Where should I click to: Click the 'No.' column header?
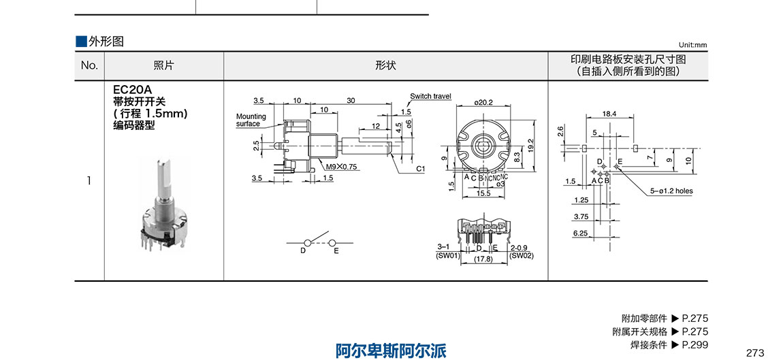(90, 65)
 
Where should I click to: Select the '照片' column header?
(163, 65)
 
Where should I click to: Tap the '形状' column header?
(385, 65)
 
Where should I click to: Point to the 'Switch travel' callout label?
(430, 97)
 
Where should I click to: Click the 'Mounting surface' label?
(251, 120)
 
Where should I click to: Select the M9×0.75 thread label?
(341, 167)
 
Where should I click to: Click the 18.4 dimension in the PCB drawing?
(609, 114)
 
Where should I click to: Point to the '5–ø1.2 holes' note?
(671, 191)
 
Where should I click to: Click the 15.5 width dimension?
(484, 194)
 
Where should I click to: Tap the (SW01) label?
(446, 256)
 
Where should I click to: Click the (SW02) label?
(522, 256)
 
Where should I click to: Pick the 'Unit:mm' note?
(692, 45)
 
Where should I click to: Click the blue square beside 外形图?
(81, 41)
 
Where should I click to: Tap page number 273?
(755, 353)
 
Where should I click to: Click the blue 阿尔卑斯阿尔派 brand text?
(391, 350)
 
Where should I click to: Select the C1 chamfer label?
(420, 167)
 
